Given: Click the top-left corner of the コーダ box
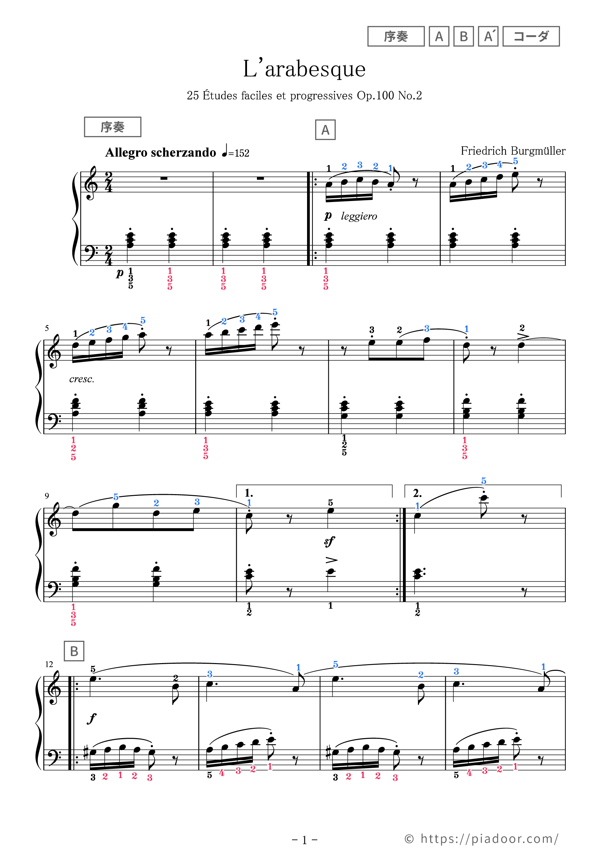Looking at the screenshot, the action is (x=503, y=27).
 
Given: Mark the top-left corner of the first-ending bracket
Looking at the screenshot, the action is (x=236, y=485).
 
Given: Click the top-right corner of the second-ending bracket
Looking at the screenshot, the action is (x=561, y=485).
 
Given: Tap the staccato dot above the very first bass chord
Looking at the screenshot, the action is (x=130, y=229).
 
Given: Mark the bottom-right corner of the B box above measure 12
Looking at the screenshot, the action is (x=84, y=660).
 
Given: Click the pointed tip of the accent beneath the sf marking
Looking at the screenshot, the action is (x=337, y=560).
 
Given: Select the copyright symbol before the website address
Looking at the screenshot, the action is (x=409, y=839).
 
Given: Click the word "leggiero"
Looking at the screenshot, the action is (x=359, y=216).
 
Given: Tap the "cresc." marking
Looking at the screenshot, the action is (x=82, y=379).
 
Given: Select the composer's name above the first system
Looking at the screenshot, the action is (x=513, y=151).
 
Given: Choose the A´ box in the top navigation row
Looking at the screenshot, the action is (x=488, y=37).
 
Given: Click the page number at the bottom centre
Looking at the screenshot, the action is (x=304, y=840).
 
